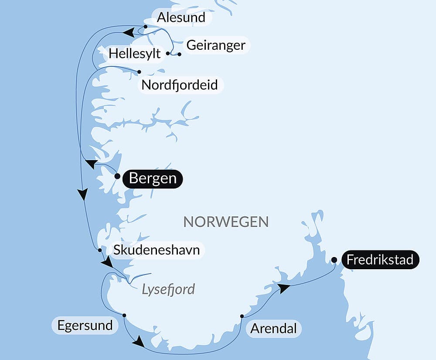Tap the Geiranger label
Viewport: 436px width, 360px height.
pyautogui.click(x=215, y=45)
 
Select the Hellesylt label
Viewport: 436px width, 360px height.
pyautogui.click(x=135, y=54)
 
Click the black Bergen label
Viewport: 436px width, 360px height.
pyautogui.click(x=153, y=178)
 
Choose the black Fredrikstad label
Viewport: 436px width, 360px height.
pyautogui.click(x=380, y=260)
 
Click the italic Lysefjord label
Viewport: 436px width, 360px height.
pyautogui.click(x=168, y=289)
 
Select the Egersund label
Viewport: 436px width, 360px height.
pyautogui.click(x=85, y=325)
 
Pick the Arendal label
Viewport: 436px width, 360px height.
pyautogui.click(x=273, y=329)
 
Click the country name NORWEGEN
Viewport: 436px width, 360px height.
pyautogui.click(x=226, y=222)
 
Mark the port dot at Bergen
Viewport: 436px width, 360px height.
pyautogui.click(x=117, y=176)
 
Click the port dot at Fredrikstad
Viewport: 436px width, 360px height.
pyautogui.click(x=334, y=260)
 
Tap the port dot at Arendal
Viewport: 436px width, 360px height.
pyautogui.click(x=242, y=316)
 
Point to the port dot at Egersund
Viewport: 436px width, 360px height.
pyautogui.click(x=124, y=315)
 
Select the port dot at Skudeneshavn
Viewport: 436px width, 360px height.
pyautogui.click(x=100, y=250)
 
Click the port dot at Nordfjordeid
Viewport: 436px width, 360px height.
pyautogui.click(x=139, y=72)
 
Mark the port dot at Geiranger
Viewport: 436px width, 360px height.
pyautogui.click(x=179, y=55)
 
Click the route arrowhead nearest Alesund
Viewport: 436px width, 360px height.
pyautogui.click(x=128, y=32)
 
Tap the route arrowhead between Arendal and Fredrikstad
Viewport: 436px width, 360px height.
pyautogui.click(x=284, y=288)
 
